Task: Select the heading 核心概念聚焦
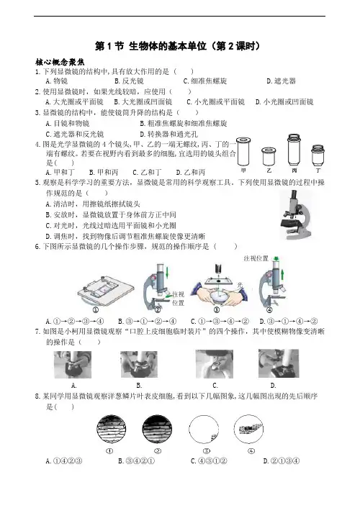60,62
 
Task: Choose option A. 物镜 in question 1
56,81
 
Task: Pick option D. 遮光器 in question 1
282,81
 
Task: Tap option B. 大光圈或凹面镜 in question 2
143,102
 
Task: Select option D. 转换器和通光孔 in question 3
168,134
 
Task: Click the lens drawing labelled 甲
243,152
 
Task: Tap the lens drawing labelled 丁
318,155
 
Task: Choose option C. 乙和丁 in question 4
147,173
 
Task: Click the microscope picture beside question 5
295,214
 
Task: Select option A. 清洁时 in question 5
93,204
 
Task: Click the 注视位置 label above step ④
256,258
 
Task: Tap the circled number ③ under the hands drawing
217,309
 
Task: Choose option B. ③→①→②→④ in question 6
148,322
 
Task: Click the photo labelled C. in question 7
215,364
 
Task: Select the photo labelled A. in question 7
73,365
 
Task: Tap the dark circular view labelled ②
157,430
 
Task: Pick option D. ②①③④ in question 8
282,461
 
